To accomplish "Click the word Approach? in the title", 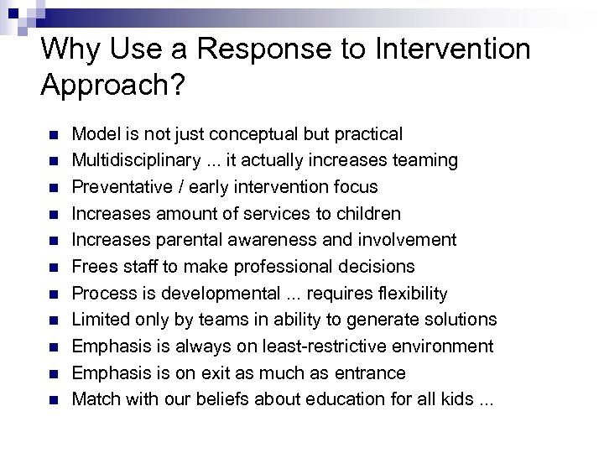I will coord(112,86).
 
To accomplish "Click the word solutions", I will coord(460,320).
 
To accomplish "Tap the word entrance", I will coord(369,373).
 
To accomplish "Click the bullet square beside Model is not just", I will coord(52,135).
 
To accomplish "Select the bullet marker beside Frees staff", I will coord(52,268).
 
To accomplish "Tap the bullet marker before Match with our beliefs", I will coord(52,400).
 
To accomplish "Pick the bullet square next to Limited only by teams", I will coord(52,320).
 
